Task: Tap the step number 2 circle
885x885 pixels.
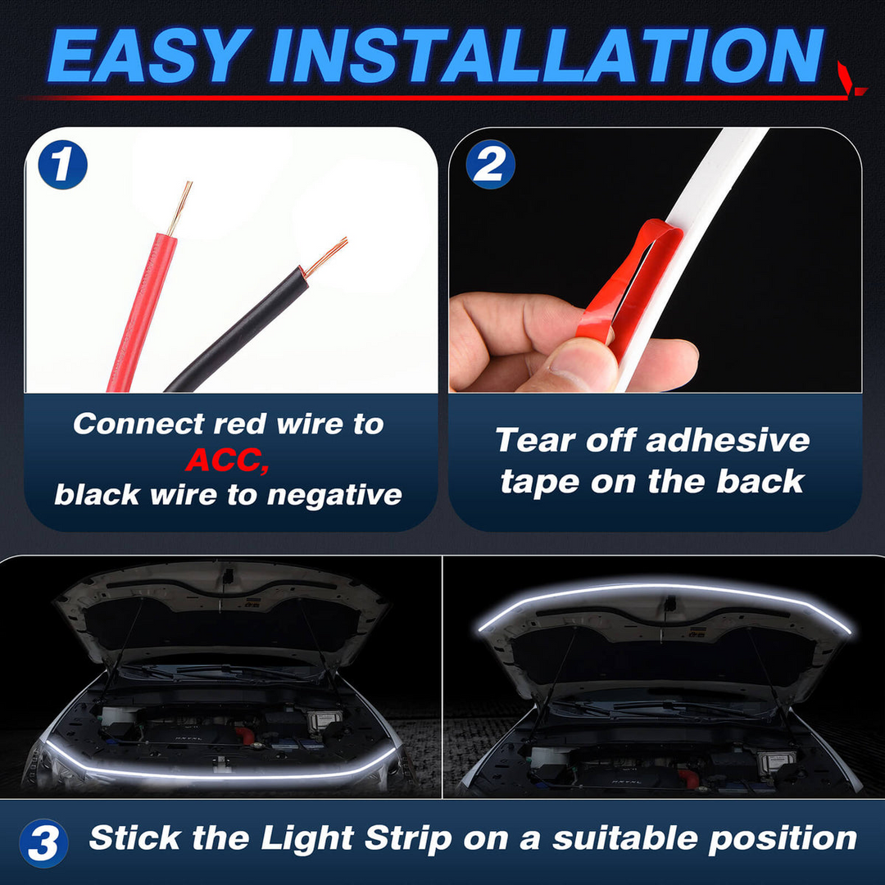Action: (x=490, y=166)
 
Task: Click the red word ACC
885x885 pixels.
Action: (x=226, y=461)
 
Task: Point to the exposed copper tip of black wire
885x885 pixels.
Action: (x=328, y=254)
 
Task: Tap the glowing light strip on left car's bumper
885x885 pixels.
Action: (x=221, y=775)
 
